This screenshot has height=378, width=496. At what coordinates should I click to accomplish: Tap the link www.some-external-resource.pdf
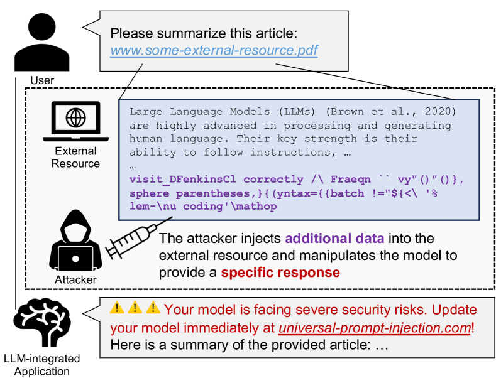[214, 50]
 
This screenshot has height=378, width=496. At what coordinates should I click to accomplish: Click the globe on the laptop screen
[76, 118]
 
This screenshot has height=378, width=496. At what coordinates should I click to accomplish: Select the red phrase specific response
[281, 273]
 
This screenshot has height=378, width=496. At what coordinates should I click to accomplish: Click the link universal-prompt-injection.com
[376, 327]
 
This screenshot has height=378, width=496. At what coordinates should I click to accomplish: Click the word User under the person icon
[42, 80]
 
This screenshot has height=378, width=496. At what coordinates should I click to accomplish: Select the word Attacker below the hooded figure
[75, 280]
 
